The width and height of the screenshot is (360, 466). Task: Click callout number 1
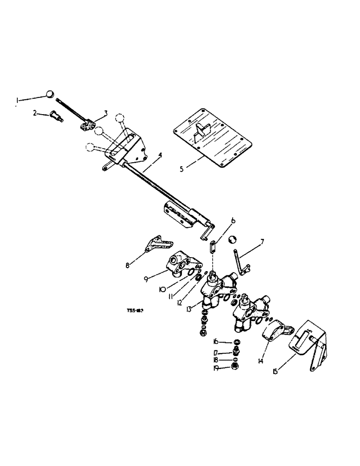click(x=18, y=99)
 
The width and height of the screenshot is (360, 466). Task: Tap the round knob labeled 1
click(x=50, y=95)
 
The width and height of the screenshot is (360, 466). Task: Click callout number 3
click(x=106, y=112)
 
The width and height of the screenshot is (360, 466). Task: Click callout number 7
click(x=263, y=241)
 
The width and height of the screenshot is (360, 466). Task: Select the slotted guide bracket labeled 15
click(x=311, y=343)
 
